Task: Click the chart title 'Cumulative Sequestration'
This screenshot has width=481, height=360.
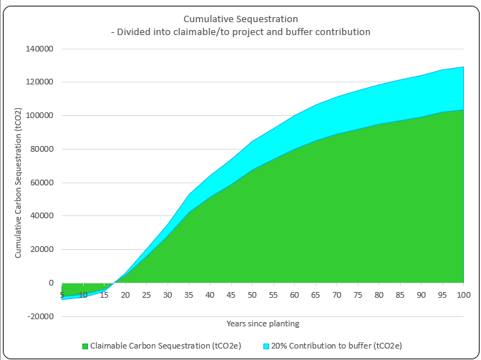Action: (240, 19)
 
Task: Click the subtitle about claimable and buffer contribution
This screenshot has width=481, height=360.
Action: (240, 31)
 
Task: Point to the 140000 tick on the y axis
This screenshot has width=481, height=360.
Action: (39, 49)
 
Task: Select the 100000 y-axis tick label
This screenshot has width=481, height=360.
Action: (39, 116)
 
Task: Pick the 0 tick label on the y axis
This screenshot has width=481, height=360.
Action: (51, 283)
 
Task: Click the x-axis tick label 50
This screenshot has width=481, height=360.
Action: (252, 295)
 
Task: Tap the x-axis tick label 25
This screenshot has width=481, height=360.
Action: (147, 295)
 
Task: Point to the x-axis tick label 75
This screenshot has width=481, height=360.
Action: (357, 295)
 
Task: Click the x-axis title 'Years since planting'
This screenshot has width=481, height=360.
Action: (262, 323)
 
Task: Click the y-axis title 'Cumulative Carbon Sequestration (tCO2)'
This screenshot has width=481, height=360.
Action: (19, 183)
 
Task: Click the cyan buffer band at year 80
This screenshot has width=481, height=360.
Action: (378, 104)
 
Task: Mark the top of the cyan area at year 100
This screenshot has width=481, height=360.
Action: (462, 67)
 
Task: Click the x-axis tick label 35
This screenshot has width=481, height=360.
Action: (189, 295)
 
